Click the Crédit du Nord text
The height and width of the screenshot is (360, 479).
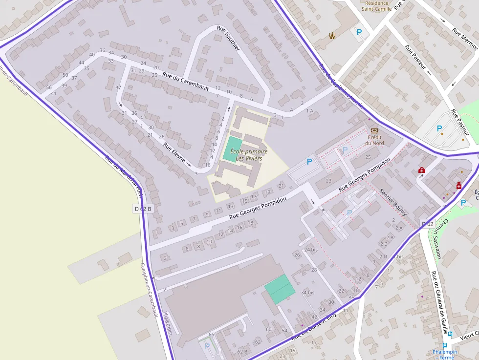[x=375, y=140]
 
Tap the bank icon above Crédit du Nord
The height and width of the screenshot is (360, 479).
[x=374, y=131]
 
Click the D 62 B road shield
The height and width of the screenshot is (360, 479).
[x=143, y=209]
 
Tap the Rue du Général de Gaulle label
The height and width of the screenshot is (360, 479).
[x=439, y=303]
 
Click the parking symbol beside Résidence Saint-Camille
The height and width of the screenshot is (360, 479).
[x=359, y=32]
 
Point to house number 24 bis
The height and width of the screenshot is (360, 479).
[x=311, y=250]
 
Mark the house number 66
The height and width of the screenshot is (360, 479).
[x=211, y=334]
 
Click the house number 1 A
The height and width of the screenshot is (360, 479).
[x=309, y=111]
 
